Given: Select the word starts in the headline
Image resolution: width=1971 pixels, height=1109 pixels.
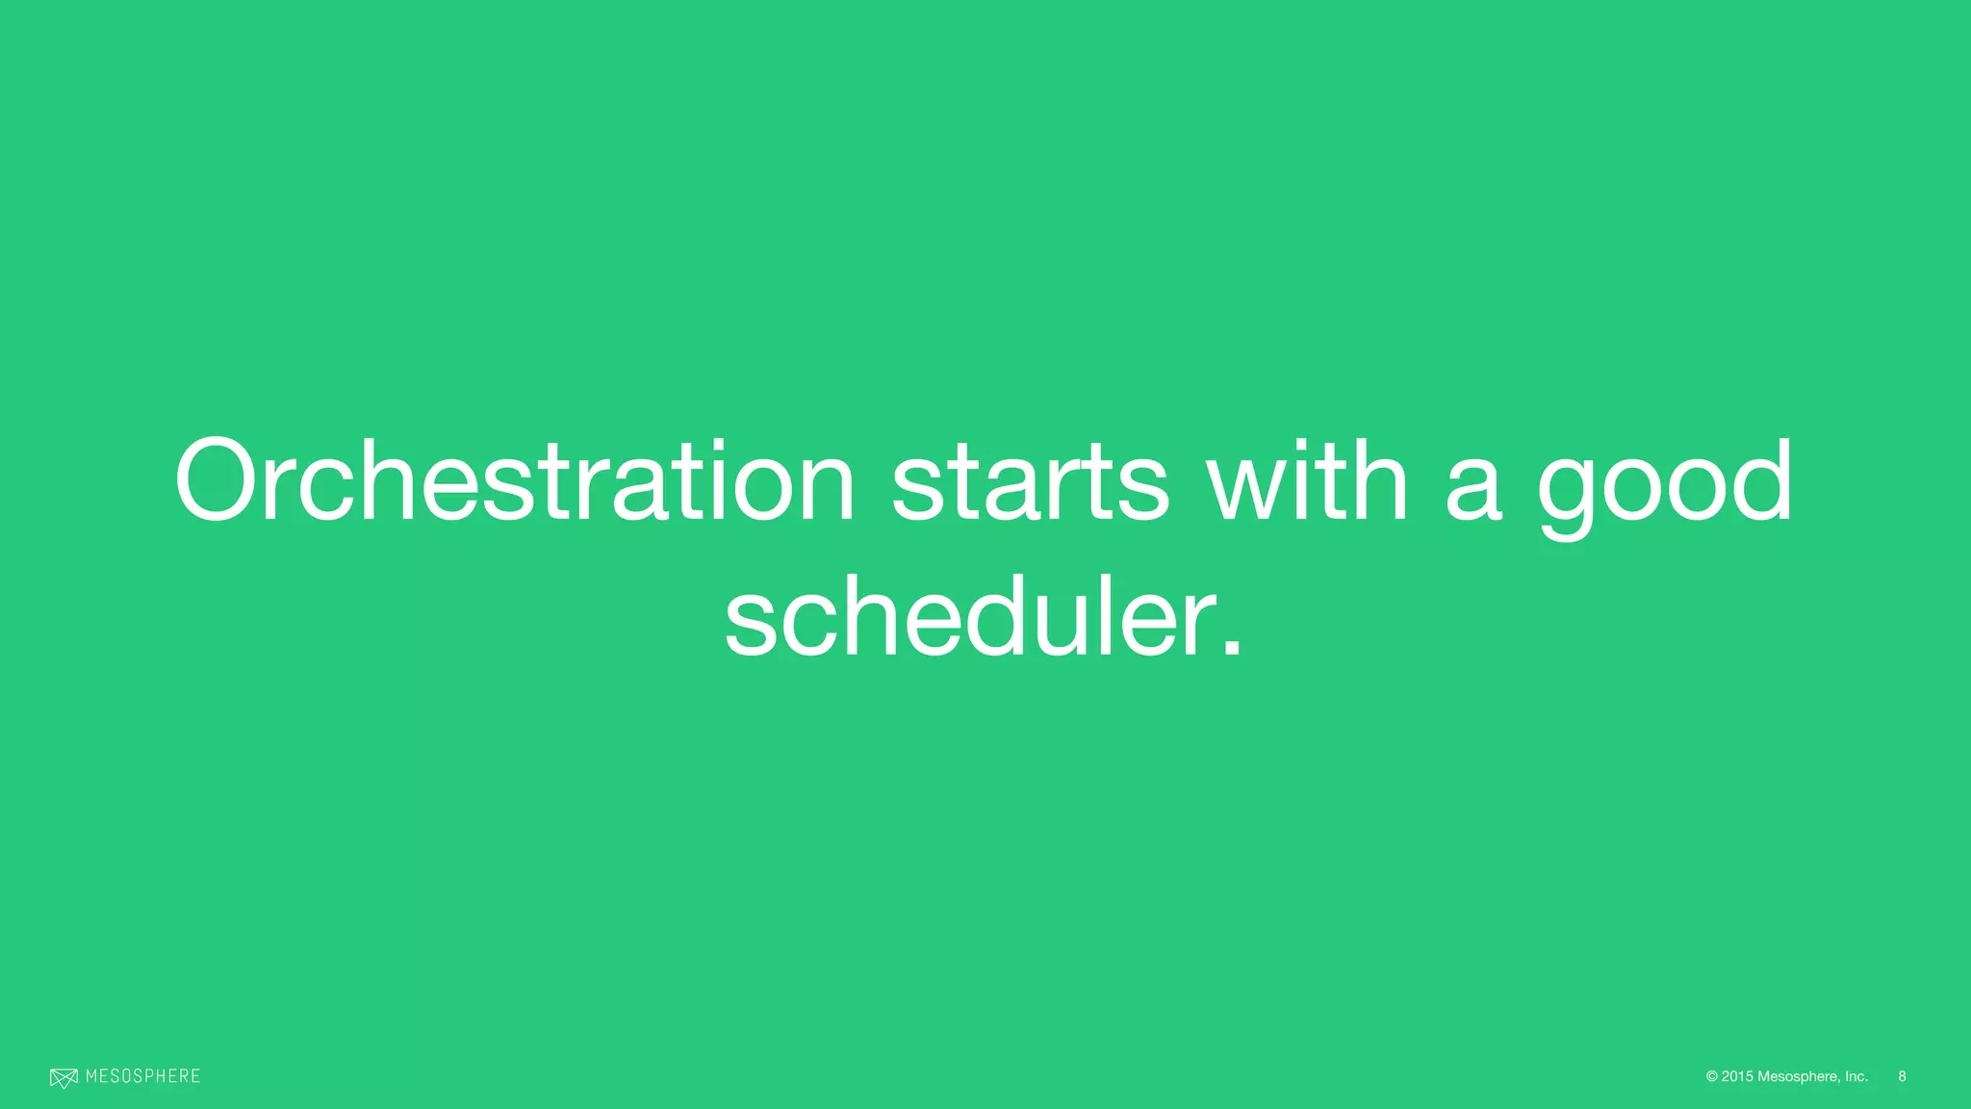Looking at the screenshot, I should [1030, 481].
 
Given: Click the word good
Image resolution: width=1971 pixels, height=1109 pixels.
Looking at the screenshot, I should [1665, 486].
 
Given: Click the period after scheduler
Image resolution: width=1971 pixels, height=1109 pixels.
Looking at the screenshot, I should [1231, 650].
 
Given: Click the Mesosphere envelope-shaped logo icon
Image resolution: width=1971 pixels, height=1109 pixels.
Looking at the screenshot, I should [64, 1078].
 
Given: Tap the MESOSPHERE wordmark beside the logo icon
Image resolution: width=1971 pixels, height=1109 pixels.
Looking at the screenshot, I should [142, 1076].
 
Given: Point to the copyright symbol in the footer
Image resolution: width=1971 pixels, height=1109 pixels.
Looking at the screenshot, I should [1712, 1076].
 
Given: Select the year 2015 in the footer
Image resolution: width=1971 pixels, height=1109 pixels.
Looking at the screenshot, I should [1737, 1076].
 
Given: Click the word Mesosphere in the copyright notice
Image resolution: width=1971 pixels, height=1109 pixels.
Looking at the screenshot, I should [1798, 1076].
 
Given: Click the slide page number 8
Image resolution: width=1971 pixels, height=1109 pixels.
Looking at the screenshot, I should [1902, 1076].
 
